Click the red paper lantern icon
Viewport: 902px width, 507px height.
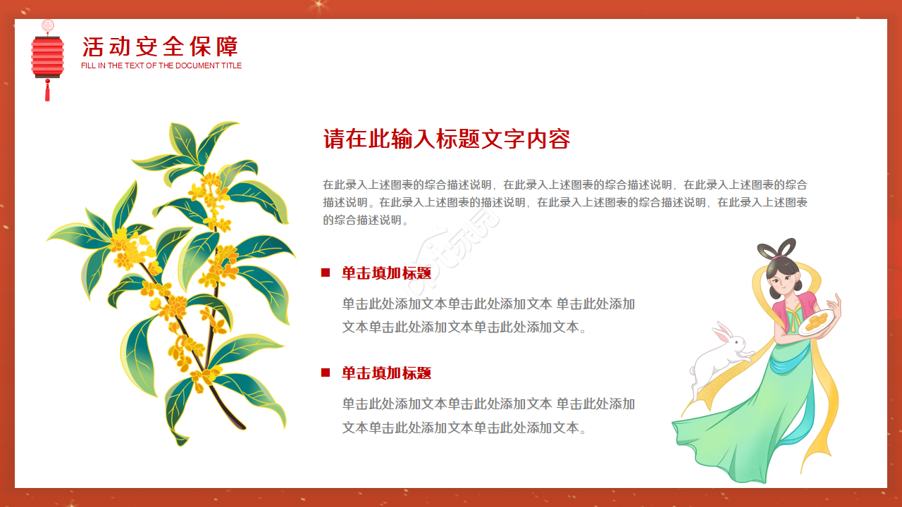pos(47,56)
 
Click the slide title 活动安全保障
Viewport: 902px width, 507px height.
pos(161,46)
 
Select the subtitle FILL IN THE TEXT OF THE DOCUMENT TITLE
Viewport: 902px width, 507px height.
pos(161,65)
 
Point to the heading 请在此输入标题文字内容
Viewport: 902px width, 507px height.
pos(446,139)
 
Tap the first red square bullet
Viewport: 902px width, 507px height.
pos(326,273)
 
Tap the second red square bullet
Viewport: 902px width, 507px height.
pos(326,373)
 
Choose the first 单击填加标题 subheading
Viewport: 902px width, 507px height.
pos(386,273)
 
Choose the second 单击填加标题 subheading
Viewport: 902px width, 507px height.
pos(386,373)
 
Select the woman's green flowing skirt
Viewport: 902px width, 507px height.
pos(747,430)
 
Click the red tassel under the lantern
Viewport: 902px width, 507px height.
pos(47,91)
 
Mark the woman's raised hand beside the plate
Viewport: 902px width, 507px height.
pos(836,304)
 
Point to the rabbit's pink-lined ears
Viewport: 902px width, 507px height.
pos(720,332)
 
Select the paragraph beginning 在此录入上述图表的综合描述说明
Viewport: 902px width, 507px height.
pos(564,202)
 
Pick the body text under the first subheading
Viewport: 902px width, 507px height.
pos(488,315)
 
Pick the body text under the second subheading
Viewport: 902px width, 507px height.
pos(488,415)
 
